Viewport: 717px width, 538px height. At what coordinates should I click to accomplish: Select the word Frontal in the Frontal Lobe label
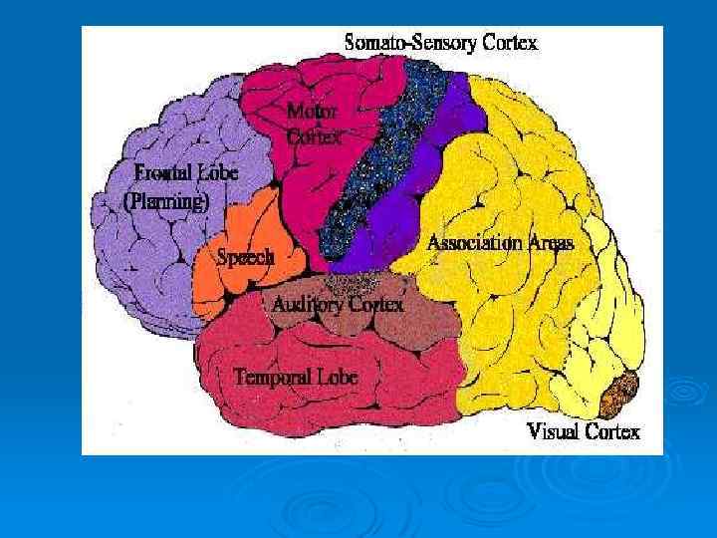click(x=162, y=171)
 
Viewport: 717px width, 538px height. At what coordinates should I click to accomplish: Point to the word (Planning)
click(x=166, y=200)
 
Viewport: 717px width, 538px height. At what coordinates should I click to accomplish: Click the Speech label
click(x=245, y=257)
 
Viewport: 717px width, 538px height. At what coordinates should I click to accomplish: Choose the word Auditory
click(x=307, y=304)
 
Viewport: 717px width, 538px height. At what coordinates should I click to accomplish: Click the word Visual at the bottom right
click(x=553, y=431)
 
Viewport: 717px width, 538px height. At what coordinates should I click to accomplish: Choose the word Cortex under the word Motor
click(x=312, y=138)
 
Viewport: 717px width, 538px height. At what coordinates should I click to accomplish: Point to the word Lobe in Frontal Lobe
click(x=217, y=171)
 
